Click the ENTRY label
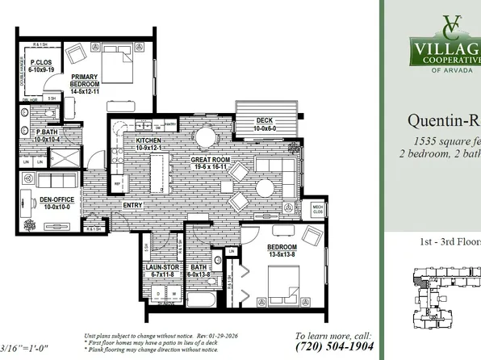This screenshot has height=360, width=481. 134,205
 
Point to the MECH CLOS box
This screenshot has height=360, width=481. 319,209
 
